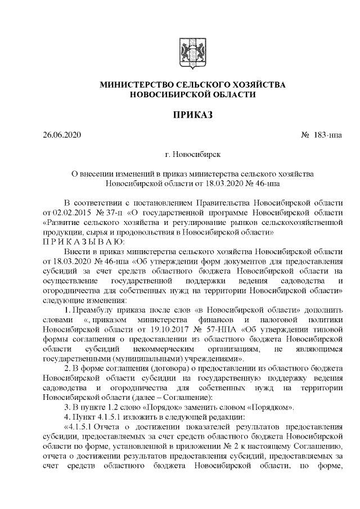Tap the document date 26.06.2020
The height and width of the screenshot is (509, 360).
62,136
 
